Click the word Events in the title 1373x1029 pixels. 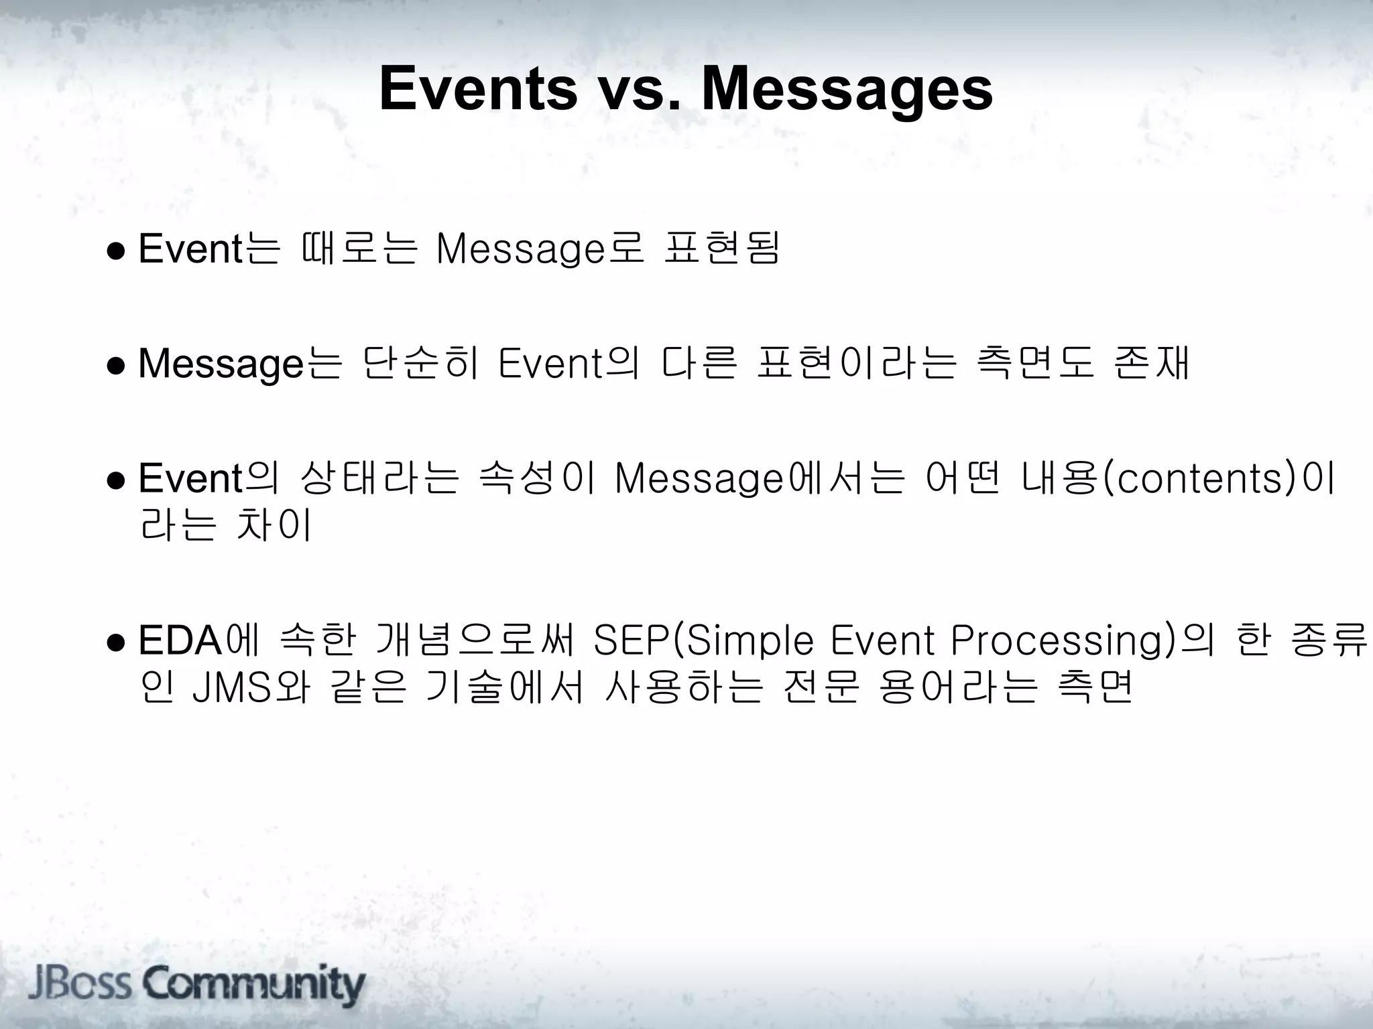coord(478,89)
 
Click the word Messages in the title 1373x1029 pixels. coord(846,89)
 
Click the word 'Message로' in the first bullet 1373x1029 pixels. coord(540,249)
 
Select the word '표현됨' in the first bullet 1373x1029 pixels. coord(721,249)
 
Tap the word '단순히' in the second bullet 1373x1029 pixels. coord(420,364)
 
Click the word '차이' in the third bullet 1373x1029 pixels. coord(274,526)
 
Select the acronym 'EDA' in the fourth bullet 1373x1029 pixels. coord(180,641)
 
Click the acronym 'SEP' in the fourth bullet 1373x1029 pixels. coord(631,641)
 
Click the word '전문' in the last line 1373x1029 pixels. coord(821,689)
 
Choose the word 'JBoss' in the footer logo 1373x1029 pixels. coord(80,985)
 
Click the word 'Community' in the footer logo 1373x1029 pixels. coord(254,985)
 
